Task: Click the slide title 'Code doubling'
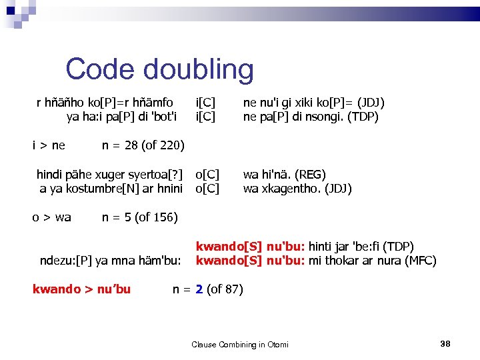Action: (x=159, y=69)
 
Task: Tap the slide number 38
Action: (x=446, y=343)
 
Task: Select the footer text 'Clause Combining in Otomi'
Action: (x=240, y=344)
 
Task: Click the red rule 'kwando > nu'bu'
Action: (x=81, y=289)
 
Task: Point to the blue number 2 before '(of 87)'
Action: (x=199, y=289)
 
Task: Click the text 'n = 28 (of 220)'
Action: (x=143, y=145)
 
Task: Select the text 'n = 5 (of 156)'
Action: (x=139, y=217)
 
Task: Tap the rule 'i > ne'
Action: (x=49, y=145)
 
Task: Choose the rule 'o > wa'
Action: (x=52, y=217)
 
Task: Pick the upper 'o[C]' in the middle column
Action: (x=207, y=175)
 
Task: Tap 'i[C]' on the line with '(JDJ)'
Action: (x=205, y=103)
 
